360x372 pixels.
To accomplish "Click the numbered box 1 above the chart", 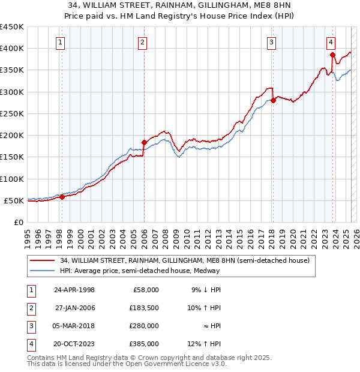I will tap(61, 42).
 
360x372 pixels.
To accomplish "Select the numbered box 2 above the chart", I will tap(142, 42).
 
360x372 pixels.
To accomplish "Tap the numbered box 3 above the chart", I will tap(272, 42).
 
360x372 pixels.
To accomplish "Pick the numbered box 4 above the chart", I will tap(331, 42).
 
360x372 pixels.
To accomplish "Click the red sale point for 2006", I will tap(144, 143).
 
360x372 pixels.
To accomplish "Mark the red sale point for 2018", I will tap(272, 100).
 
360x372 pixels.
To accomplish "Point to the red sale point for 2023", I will tap(332, 55).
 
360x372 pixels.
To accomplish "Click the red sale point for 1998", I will tap(62, 197).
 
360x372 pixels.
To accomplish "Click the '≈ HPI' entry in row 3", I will tap(211, 326).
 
